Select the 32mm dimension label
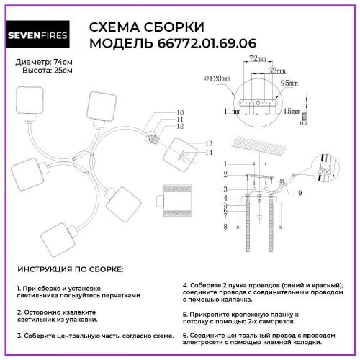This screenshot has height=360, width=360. [274, 71]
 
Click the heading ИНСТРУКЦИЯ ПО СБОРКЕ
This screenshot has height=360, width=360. [70, 269]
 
